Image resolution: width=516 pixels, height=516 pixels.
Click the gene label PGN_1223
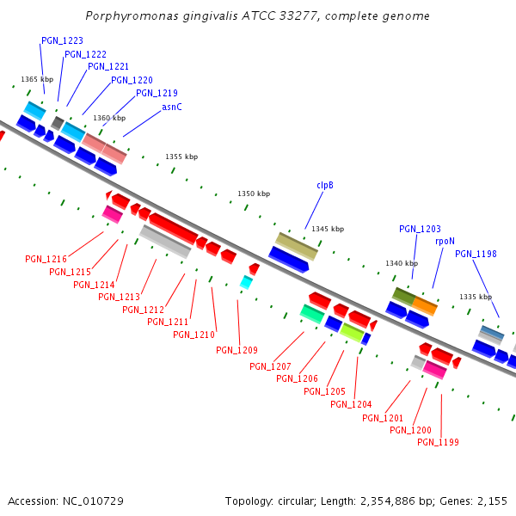(62, 41)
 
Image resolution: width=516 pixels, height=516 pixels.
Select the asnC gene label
(172, 107)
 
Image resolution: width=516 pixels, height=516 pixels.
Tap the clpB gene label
(325, 185)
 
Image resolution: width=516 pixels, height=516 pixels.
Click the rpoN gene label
(445, 242)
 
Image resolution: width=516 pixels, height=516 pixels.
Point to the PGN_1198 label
(476, 254)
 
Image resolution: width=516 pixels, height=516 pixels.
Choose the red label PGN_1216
(46, 259)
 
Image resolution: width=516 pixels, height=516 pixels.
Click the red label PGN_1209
(236, 350)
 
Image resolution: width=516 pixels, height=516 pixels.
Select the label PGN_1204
(351, 404)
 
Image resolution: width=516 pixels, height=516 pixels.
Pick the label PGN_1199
(438, 442)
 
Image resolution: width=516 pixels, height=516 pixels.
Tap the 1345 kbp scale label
(328, 230)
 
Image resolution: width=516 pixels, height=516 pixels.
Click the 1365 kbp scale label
(37, 79)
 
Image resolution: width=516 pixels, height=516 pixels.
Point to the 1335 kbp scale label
(476, 297)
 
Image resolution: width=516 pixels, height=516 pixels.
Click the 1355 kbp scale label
(181, 157)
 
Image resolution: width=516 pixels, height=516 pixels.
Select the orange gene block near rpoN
(425, 305)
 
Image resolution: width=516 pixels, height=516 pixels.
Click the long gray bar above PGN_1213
(164, 242)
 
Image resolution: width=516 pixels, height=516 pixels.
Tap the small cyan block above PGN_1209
(247, 282)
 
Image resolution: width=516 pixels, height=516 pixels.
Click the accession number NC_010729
(95, 501)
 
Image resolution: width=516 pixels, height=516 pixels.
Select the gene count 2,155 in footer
(491, 501)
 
